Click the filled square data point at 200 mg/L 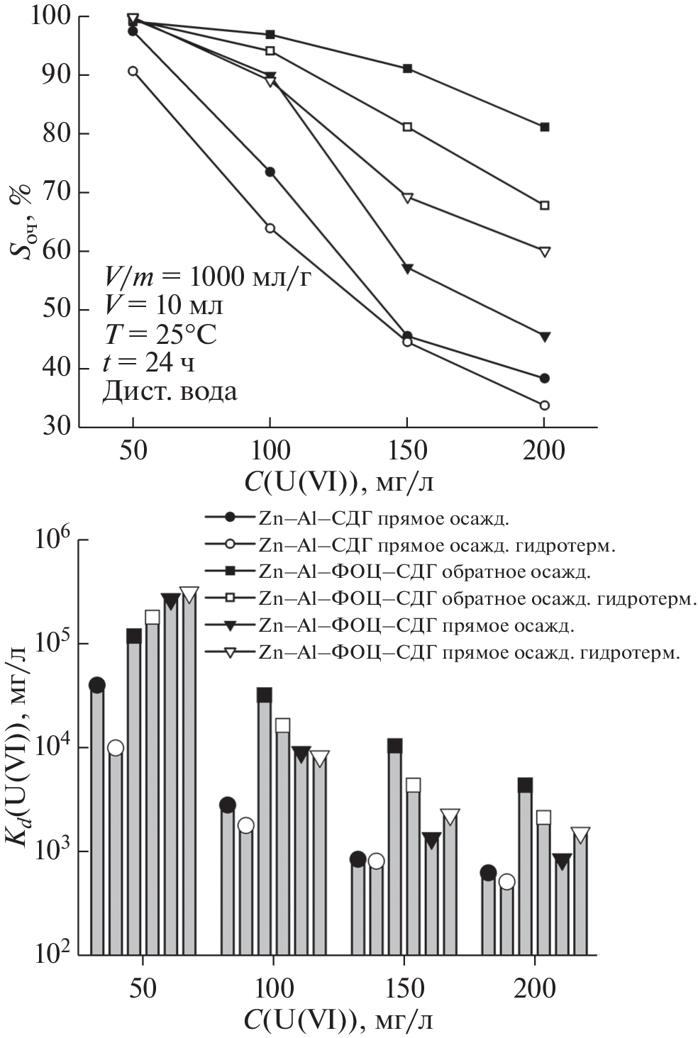(544, 127)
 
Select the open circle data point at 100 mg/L (270, 228)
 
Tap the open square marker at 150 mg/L (407, 127)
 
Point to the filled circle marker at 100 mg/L (270, 172)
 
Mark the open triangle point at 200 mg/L (544, 252)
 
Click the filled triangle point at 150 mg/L (407, 268)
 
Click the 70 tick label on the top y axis (56, 192)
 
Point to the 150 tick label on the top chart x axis (407, 451)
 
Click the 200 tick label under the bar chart (534, 988)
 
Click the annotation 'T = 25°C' (160, 334)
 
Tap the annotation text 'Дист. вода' (170, 391)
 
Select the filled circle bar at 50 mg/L (97, 819)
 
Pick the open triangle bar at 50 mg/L (189, 773)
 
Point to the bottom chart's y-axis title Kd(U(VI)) (19, 745)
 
